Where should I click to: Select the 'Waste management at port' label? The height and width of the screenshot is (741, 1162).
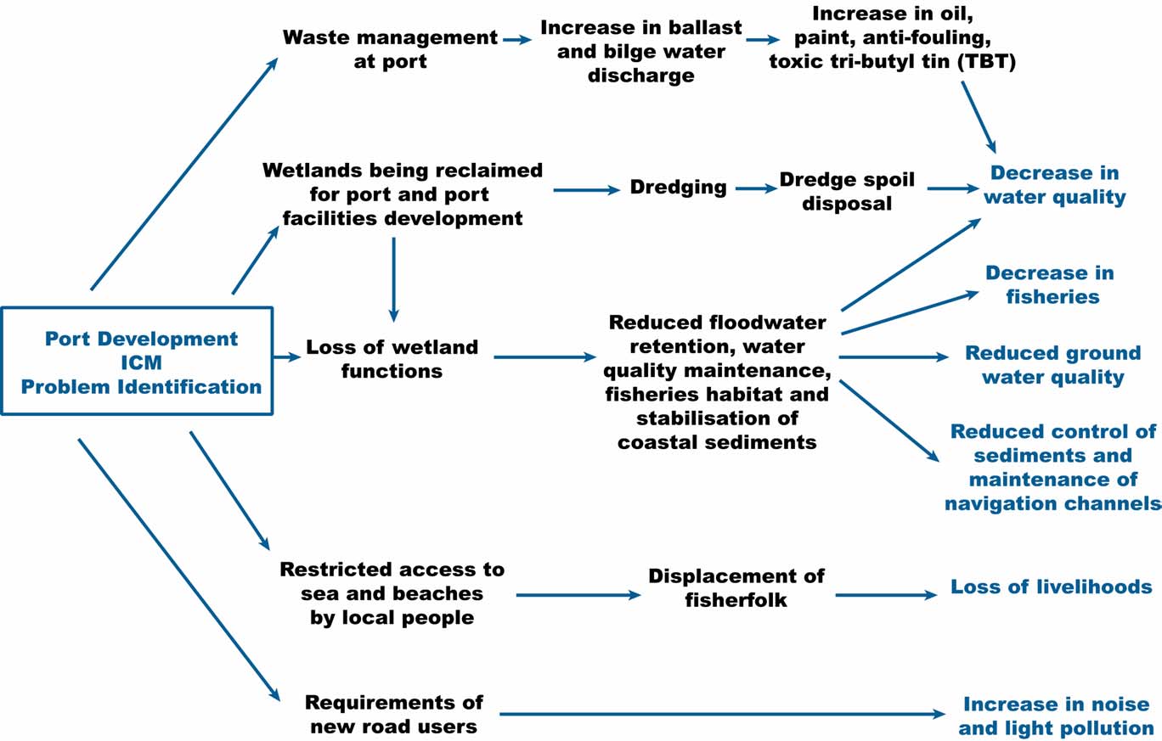(390, 49)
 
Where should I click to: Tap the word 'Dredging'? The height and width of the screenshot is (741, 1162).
(678, 188)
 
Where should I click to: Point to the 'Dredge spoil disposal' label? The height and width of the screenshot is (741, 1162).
(847, 191)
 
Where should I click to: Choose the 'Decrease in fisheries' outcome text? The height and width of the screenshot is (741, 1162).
(1052, 284)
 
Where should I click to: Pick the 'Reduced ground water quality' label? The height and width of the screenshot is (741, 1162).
(1052, 365)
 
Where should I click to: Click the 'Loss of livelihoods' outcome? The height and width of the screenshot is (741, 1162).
(1051, 587)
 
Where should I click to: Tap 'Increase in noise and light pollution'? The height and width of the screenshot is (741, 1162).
(1056, 715)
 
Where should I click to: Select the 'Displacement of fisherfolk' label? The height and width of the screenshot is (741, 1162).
(736, 587)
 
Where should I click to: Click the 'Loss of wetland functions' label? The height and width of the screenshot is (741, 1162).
(392, 358)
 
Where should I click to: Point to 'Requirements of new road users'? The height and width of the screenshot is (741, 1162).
(393, 714)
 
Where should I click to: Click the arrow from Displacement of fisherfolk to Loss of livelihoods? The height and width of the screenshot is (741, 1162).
(885, 595)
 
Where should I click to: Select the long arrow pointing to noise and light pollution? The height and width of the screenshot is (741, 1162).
(722, 715)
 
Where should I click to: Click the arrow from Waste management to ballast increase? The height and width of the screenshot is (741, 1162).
(516, 39)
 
